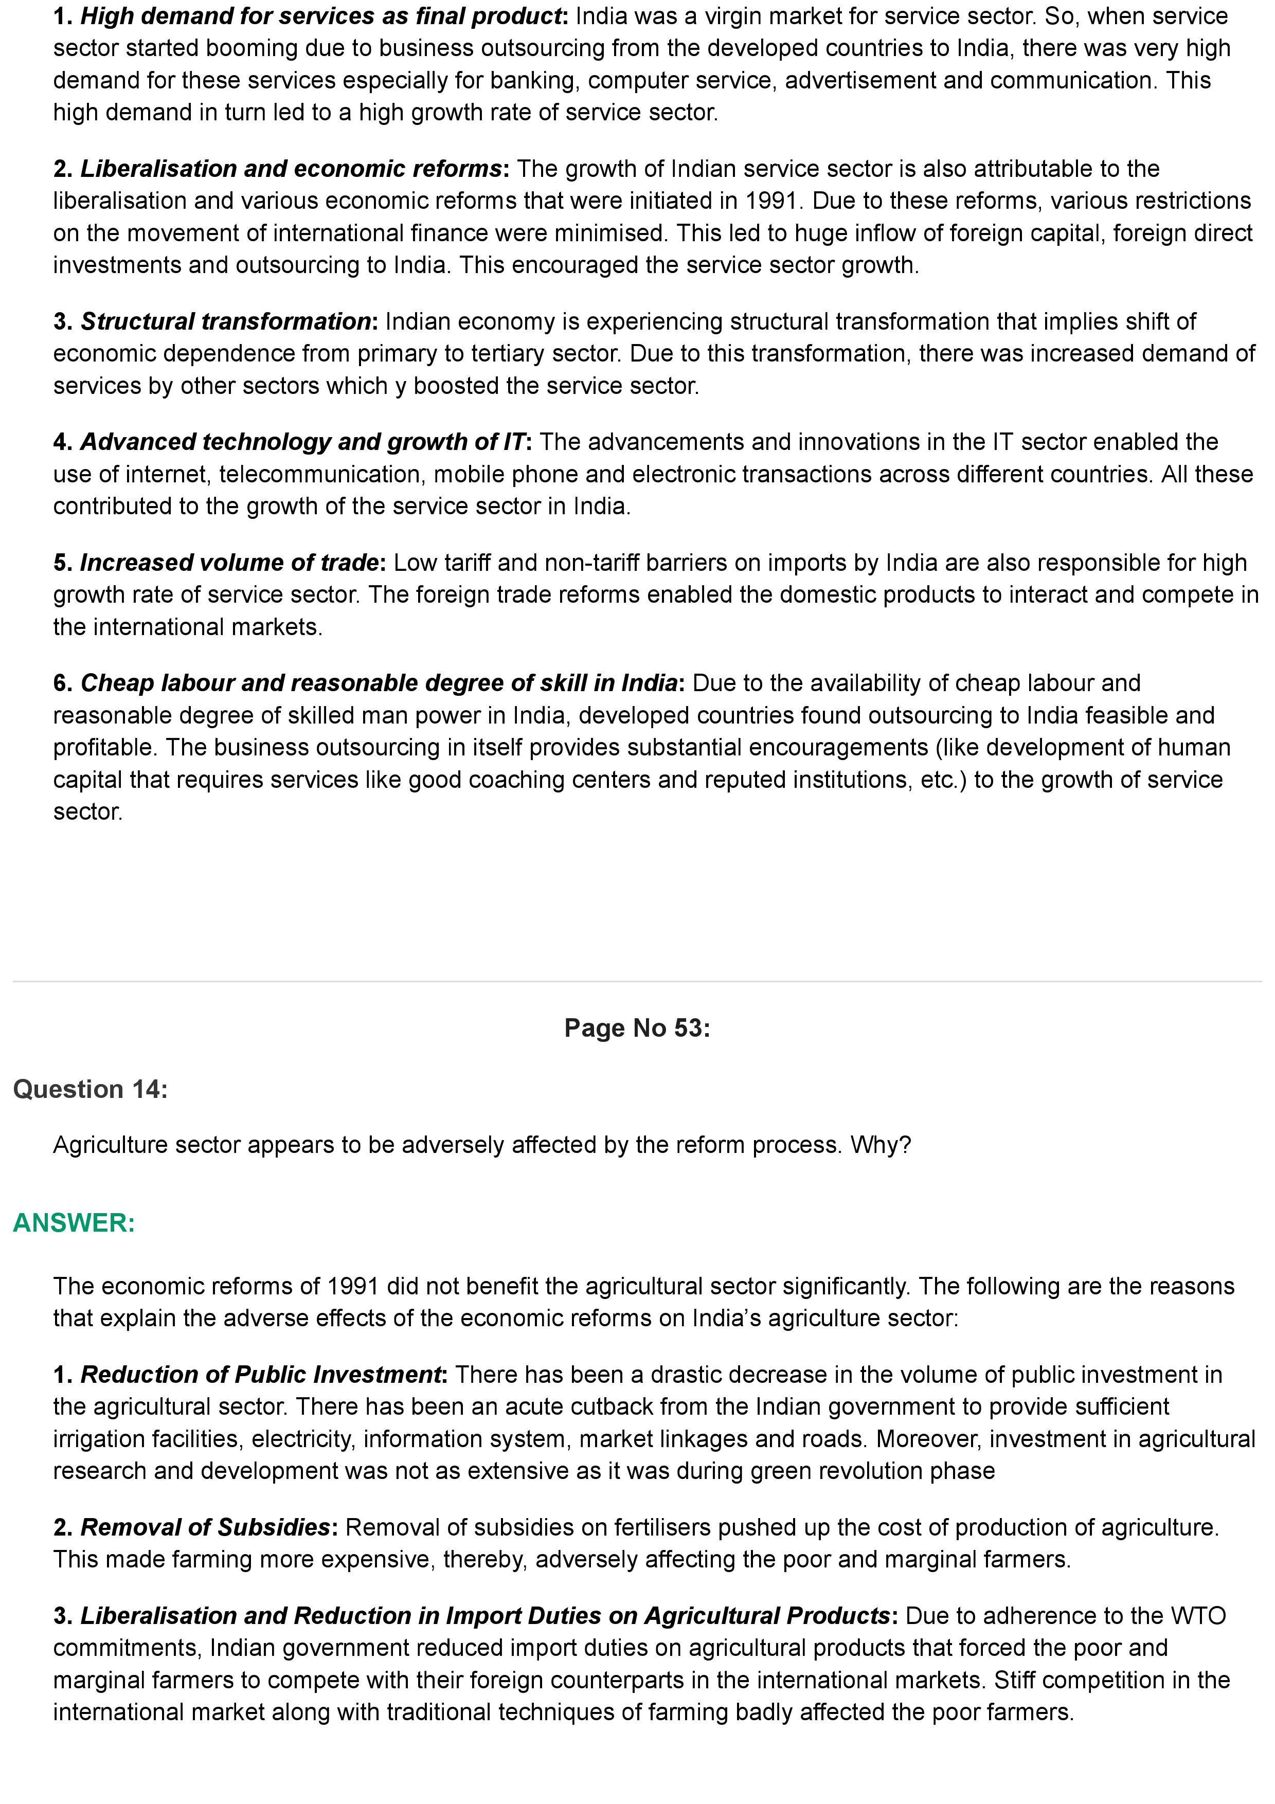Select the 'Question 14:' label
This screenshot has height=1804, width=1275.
point(91,1089)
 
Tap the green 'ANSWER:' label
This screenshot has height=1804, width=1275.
point(74,1222)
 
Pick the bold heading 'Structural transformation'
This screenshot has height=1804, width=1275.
point(225,321)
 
